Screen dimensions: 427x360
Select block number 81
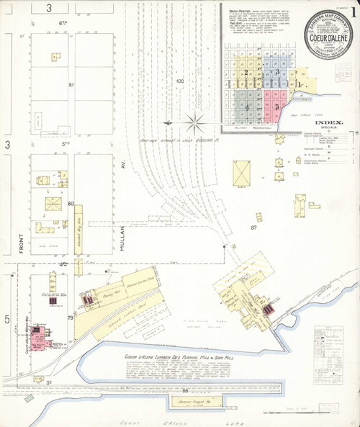click(71, 86)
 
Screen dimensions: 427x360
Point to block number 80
click(71, 204)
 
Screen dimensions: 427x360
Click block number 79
click(71, 318)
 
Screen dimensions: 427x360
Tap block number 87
click(253, 228)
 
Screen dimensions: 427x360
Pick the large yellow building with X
click(243, 174)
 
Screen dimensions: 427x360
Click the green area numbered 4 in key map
click(247, 106)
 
